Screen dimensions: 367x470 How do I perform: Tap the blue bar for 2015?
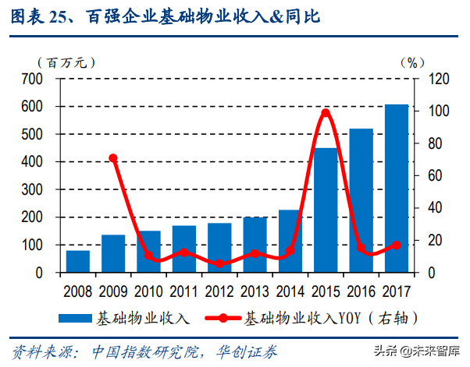coord(326,210)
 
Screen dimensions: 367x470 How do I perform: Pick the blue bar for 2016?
coord(361,200)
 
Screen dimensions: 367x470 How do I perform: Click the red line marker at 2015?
coord(326,113)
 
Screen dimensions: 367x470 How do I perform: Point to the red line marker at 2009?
coord(113,158)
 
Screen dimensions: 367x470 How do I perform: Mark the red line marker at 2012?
coord(219,264)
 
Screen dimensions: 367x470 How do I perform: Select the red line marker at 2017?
coord(397,245)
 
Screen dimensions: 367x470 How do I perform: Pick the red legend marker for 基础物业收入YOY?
coord(223,319)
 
